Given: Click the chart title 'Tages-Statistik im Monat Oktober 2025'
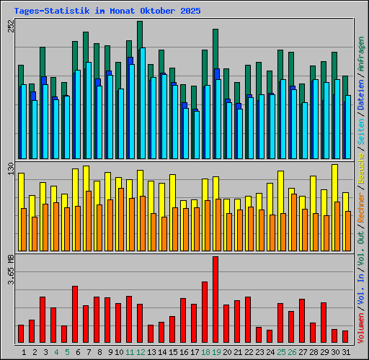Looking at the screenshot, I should (107, 11).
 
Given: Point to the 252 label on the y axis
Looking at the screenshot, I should (10, 26).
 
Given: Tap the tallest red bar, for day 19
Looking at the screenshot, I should (215, 300).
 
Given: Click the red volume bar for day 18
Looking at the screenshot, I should (205, 312).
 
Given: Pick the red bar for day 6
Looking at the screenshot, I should (75, 314).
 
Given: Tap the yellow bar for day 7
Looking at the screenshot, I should (86, 177).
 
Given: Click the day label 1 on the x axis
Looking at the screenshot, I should (25, 352).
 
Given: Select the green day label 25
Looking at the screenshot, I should (280, 352).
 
